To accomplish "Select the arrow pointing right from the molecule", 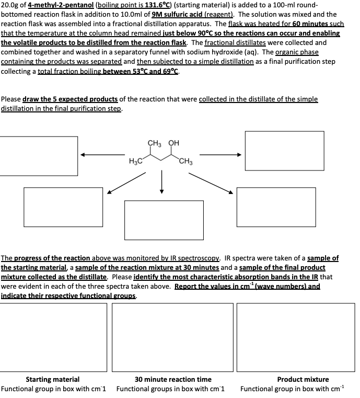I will click(x=220, y=155).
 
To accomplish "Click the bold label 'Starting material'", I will click(x=53, y=379).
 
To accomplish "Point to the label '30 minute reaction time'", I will click(x=173, y=379).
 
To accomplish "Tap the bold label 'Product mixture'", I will click(x=303, y=379).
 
